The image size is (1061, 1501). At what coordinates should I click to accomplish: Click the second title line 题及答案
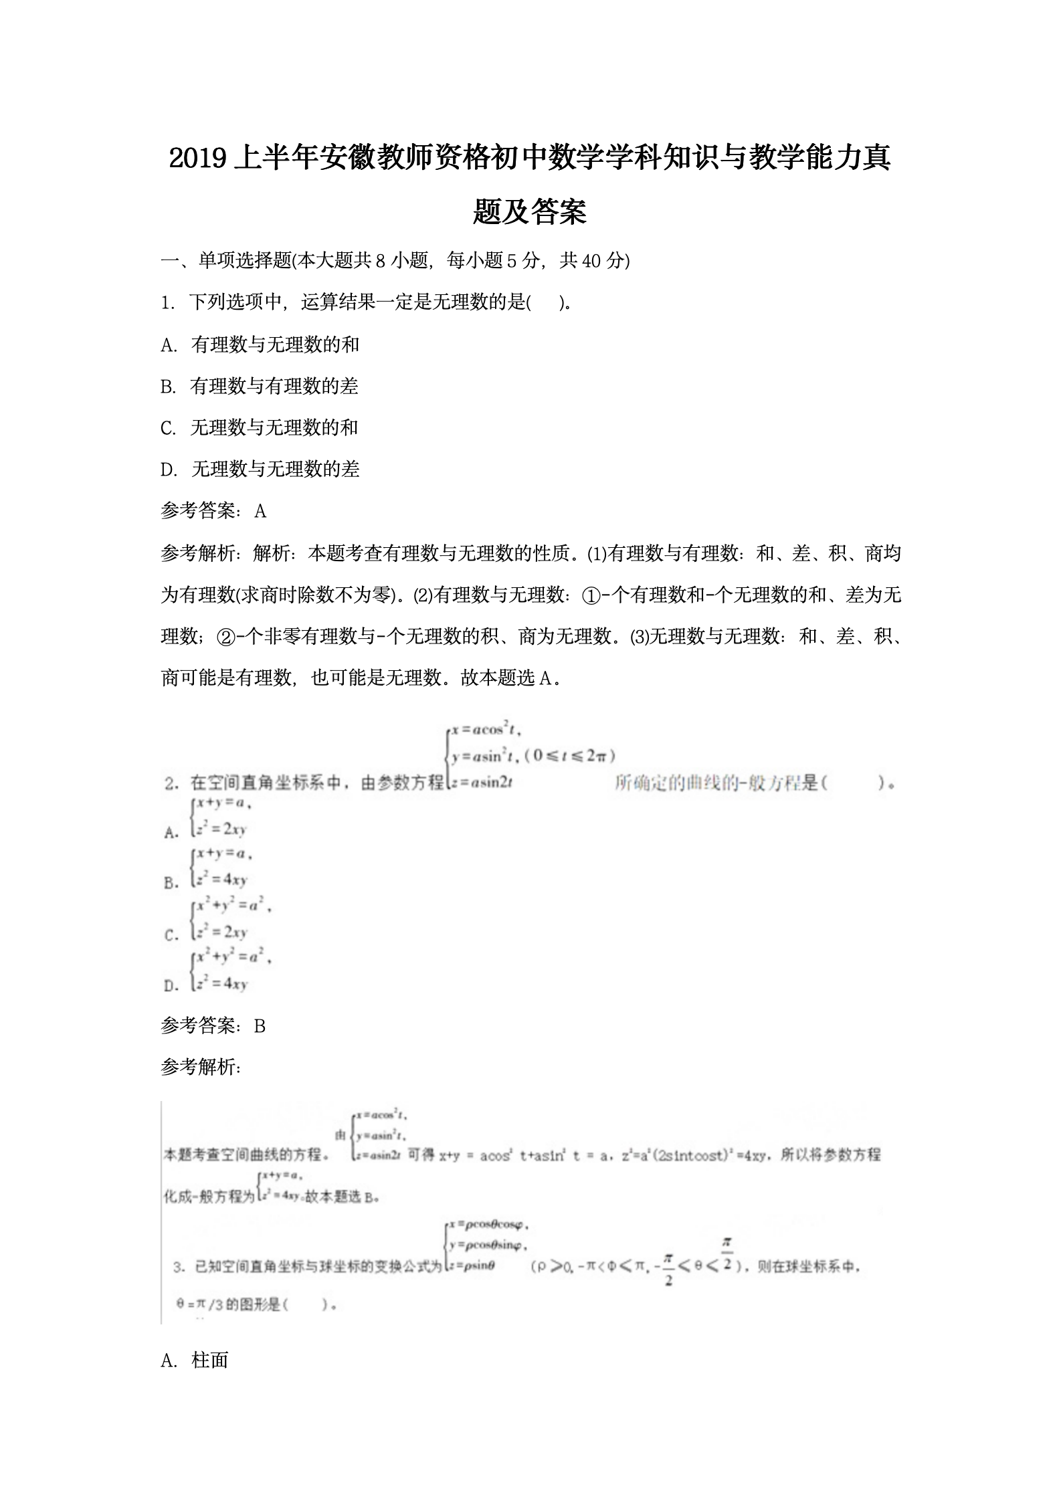coord(530,212)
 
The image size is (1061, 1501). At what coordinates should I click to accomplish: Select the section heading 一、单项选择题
coord(227,260)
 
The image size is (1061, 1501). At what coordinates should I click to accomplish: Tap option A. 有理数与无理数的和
coord(261,344)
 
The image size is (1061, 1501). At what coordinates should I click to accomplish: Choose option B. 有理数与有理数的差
coord(260,386)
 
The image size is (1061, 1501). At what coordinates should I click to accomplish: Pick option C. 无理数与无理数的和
coord(260,427)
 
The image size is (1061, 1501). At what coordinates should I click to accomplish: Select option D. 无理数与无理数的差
coord(261,469)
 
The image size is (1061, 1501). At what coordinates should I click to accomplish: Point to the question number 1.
coord(167,302)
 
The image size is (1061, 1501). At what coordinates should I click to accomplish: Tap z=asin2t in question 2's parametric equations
coord(481,782)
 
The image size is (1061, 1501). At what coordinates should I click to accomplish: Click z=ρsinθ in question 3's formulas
coord(472,1266)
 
